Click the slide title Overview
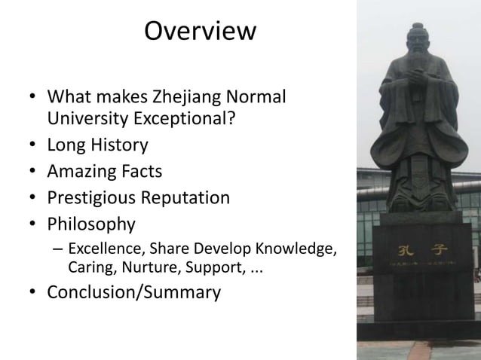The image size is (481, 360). point(200,32)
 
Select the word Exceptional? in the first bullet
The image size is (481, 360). point(188,120)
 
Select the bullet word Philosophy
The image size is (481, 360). point(91,224)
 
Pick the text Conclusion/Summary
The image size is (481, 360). point(134,291)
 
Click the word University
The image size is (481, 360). point(84,120)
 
